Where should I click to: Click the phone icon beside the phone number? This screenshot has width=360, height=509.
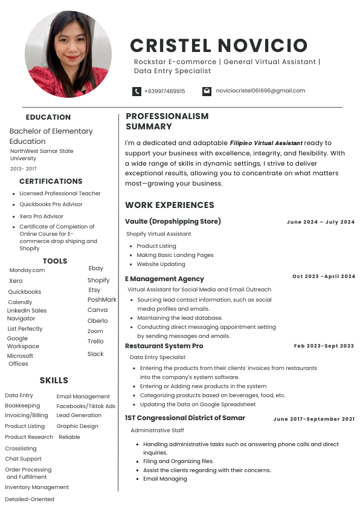(x=137, y=91)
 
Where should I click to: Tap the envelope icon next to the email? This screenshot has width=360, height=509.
(x=207, y=91)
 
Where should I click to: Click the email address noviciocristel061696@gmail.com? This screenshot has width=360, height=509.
(x=260, y=91)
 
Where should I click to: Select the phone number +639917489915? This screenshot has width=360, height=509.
(x=164, y=91)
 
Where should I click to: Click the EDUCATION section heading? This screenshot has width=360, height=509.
(x=48, y=117)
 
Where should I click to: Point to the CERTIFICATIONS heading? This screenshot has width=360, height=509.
(x=51, y=181)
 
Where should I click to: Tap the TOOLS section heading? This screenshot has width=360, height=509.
(x=55, y=261)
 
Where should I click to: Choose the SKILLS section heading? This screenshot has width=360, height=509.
(x=54, y=380)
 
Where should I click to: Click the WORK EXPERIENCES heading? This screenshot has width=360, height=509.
(x=170, y=205)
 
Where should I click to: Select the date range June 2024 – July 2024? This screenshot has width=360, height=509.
(x=321, y=222)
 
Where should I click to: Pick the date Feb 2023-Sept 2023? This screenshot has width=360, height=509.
(x=324, y=346)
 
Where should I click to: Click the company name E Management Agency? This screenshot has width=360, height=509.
(x=164, y=279)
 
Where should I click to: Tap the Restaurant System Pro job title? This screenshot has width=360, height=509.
(x=164, y=346)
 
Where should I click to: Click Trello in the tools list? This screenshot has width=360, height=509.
(x=95, y=342)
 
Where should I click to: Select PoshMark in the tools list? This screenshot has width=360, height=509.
(x=102, y=299)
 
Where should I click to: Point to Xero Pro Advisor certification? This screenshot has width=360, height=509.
(x=41, y=216)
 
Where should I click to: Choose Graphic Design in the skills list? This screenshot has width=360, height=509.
(x=77, y=426)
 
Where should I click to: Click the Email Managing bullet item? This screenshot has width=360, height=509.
(x=165, y=479)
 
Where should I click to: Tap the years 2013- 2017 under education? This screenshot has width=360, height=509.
(x=24, y=169)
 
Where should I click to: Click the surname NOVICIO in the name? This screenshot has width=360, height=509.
(x=263, y=45)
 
